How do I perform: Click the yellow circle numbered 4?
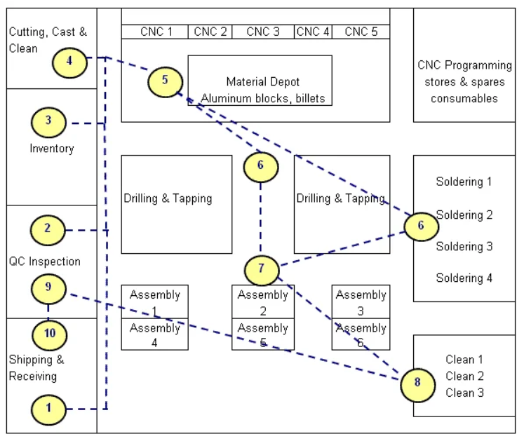tap(69, 62)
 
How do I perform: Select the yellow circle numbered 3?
tap(48, 121)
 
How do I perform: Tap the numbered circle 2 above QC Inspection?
tap(48, 229)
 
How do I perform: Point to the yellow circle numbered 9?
tap(48, 287)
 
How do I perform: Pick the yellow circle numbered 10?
tap(49, 334)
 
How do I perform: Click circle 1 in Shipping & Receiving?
tap(49, 407)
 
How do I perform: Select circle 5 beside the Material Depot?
tap(165, 80)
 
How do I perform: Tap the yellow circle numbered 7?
tap(262, 269)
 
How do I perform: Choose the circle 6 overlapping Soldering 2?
tap(421, 226)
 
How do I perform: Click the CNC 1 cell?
tap(156, 32)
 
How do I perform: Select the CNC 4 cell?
tap(313, 32)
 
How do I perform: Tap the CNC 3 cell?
tap(263, 32)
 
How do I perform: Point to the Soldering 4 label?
tap(464, 278)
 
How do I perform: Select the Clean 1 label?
tap(464, 360)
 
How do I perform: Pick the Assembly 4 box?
tap(154, 334)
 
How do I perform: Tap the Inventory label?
tap(51, 149)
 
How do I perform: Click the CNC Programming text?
tap(464, 66)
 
